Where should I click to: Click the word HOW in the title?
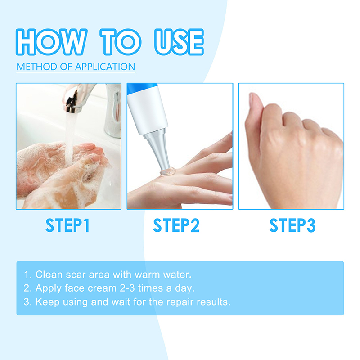(x=52, y=42)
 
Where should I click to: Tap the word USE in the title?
(x=179, y=42)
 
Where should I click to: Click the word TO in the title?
(x=121, y=42)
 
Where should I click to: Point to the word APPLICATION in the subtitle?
(x=105, y=67)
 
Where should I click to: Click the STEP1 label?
(x=67, y=225)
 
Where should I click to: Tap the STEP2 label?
(x=176, y=225)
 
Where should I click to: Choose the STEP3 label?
(x=292, y=225)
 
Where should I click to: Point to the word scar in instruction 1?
(x=76, y=274)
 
